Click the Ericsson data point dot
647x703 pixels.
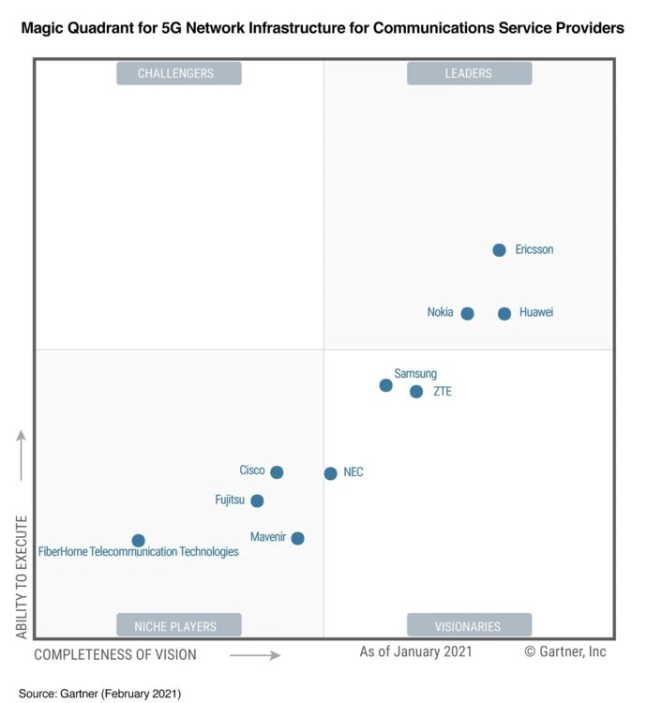coord(499,250)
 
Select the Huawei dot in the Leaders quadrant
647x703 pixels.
coord(504,314)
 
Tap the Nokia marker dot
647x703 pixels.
coord(467,314)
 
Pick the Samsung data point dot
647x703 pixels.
coord(385,385)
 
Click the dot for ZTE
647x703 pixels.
coord(416,392)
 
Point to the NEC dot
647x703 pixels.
coord(330,473)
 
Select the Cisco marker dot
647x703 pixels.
coord(277,472)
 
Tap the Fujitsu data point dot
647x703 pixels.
coord(257,501)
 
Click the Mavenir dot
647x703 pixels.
coord(297,538)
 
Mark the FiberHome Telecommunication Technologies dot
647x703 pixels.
coord(138,541)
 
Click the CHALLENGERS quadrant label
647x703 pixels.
coord(178,73)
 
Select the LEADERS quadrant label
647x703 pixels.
coord(469,73)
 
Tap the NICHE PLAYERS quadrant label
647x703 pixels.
coord(178,625)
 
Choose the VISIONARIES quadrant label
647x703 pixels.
coord(469,625)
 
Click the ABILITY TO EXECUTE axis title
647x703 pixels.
coord(22,576)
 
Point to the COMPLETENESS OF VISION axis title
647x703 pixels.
coord(115,655)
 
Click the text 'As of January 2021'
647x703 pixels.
coord(415,651)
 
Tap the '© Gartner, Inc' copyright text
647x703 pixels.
coord(564,651)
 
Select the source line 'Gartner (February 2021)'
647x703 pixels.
coord(99,694)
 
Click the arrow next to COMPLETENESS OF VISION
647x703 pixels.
coord(255,655)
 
